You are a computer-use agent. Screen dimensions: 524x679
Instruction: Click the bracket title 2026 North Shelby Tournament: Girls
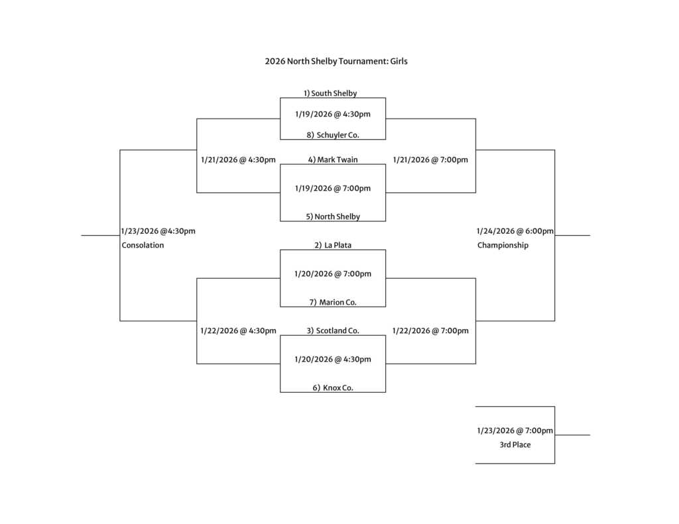[336, 62]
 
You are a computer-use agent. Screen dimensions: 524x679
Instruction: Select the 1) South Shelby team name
[330, 93]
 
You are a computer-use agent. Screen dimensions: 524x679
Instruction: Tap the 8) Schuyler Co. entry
[332, 135]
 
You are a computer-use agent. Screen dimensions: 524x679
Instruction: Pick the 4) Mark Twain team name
[332, 160]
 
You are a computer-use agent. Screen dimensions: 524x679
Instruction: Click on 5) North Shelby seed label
[333, 217]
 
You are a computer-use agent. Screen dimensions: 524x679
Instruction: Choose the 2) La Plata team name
[333, 245]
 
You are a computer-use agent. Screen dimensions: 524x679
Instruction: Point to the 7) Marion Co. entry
[333, 302]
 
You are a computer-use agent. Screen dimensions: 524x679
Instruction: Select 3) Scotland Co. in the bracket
[333, 331]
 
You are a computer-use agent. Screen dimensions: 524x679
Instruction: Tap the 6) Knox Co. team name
[333, 388]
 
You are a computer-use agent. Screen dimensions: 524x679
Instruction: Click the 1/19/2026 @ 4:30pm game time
[333, 114]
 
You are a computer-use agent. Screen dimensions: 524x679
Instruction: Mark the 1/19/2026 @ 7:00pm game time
[333, 188]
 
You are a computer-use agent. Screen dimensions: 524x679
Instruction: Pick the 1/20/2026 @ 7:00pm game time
[333, 274]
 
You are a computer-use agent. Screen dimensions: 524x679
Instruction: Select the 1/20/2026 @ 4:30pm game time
[333, 359]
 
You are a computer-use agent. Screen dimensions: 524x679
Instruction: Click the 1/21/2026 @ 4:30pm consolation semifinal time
[238, 160]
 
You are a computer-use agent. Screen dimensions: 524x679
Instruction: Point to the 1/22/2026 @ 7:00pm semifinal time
[430, 331]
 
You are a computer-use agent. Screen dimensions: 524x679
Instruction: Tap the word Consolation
[143, 245]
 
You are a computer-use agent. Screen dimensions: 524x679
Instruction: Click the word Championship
[503, 245]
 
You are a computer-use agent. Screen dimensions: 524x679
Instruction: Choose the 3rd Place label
[515, 445]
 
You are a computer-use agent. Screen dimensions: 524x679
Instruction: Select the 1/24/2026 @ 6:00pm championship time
[515, 231]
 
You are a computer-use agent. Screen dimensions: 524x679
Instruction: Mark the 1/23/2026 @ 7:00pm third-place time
[515, 431]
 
